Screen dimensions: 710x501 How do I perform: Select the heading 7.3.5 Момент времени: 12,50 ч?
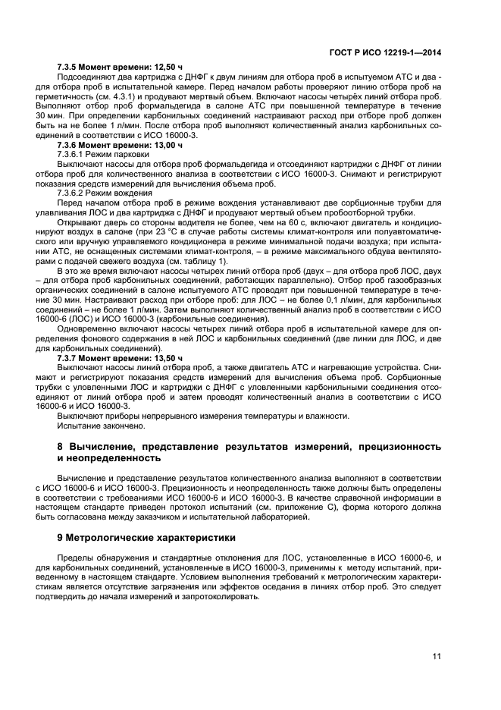[120, 67]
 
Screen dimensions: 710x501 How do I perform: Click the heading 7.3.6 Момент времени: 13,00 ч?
[120, 143]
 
